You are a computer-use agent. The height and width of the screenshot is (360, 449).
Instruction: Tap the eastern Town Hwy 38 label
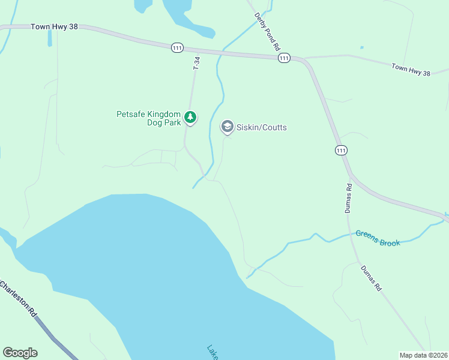coord(411,70)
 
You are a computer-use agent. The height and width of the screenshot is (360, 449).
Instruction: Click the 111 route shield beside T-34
coord(177,48)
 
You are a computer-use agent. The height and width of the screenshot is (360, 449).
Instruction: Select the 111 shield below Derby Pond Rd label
coord(284,58)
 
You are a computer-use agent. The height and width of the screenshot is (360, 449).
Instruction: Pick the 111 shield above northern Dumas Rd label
coord(342,150)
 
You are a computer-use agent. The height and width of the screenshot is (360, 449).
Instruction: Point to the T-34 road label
coord(196,63)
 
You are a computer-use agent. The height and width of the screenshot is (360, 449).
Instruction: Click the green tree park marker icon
coord(190,117)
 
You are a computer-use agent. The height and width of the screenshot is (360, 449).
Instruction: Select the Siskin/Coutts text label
coord(262,127)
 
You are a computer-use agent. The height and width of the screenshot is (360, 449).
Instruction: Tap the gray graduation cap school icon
coord(227,127)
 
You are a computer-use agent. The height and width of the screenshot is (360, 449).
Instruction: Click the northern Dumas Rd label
coord(349,197)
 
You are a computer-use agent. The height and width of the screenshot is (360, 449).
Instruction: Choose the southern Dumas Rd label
coord(370,278)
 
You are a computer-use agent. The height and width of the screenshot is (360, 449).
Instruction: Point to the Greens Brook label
coord(378,238)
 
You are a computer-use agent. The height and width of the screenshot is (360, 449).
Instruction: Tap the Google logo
coord(20,353)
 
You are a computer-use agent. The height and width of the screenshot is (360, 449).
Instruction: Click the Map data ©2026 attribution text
coord(423,355)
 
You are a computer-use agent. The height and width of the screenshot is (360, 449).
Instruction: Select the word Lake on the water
coord(213,352)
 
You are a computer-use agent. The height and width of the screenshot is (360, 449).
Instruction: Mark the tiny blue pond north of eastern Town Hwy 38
coord(361,47)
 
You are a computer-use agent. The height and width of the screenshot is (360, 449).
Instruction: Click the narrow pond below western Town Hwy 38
coord(50,40)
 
